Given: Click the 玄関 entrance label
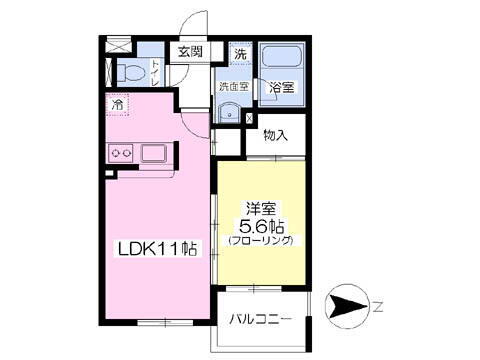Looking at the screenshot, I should (190, 52).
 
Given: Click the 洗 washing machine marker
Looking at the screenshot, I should (240, 53).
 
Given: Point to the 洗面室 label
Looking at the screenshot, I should (233, 87).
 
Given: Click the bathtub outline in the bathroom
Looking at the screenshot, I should (281, 61).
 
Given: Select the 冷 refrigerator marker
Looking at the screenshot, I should (119, 104).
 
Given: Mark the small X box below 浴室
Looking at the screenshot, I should (249, 118).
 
